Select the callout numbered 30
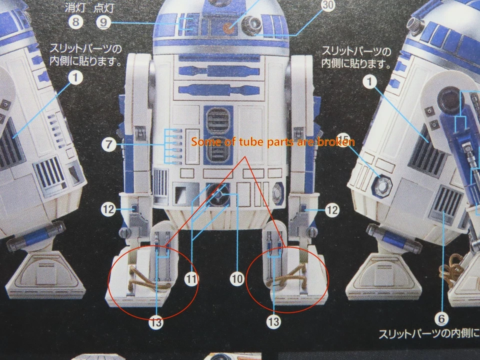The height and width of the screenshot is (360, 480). point(314,5)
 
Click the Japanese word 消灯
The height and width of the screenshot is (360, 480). point(74,8)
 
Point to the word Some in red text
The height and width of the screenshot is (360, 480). point(206,142)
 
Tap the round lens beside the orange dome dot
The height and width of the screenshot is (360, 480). point(250,23)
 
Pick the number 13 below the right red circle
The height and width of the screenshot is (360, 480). point(273,322)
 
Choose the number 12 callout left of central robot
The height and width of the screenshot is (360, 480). point(108,209)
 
